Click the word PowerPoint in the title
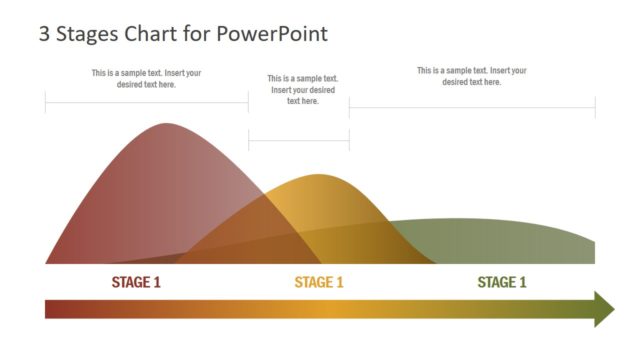tap(273, 34)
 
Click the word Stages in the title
tap(89, 34)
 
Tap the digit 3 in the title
tap(44, 34)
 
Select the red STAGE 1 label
tap(136, 282)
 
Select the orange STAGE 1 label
tap(319, 282)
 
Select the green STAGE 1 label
tap(502, 282)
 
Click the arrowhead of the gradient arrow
tap(603, 309)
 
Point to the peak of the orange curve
tap(320, 176)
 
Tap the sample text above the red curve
tap(146, 78)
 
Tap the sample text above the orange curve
tap(303, 89)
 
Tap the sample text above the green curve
tap(472, 76)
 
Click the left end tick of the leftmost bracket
tap(45, 102)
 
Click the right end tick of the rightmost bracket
tap(595, 107)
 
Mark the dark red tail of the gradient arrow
tap(55, 309)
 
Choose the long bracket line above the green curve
tap(472, 107)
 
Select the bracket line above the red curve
tap(146, 102)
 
